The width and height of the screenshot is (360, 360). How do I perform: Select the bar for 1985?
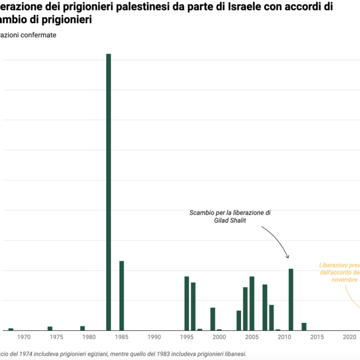click(x=121, y=296)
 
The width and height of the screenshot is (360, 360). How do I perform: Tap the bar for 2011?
click(x=291, y=299)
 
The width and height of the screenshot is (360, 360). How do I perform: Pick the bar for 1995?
click(x=186, y=303)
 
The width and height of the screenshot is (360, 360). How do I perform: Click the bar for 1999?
click(x=212, y=319)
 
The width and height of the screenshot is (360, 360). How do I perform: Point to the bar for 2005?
click(x=252, y=303)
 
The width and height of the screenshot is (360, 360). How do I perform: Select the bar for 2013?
click(x=304, y=327)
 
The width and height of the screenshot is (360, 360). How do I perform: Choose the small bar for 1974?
click(x=50, y=329)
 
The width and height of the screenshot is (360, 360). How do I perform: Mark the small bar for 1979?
click(x=82, y=328)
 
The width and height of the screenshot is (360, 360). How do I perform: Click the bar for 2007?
click(x=265, y=307)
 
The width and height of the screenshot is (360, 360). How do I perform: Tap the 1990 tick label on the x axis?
click(x=154, y=337)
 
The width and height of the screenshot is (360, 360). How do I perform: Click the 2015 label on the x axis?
click(x=317, y=337)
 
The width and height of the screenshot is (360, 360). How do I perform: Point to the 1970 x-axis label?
click(x=24, y=337)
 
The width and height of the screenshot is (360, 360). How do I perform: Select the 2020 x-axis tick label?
click(x=350, y=337)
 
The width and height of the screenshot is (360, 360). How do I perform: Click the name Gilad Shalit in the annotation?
click(x=229, y=221)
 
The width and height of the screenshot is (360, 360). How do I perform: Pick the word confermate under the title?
click(x=38, y=35)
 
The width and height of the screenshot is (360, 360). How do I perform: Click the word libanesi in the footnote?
click(x=232, y=354)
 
